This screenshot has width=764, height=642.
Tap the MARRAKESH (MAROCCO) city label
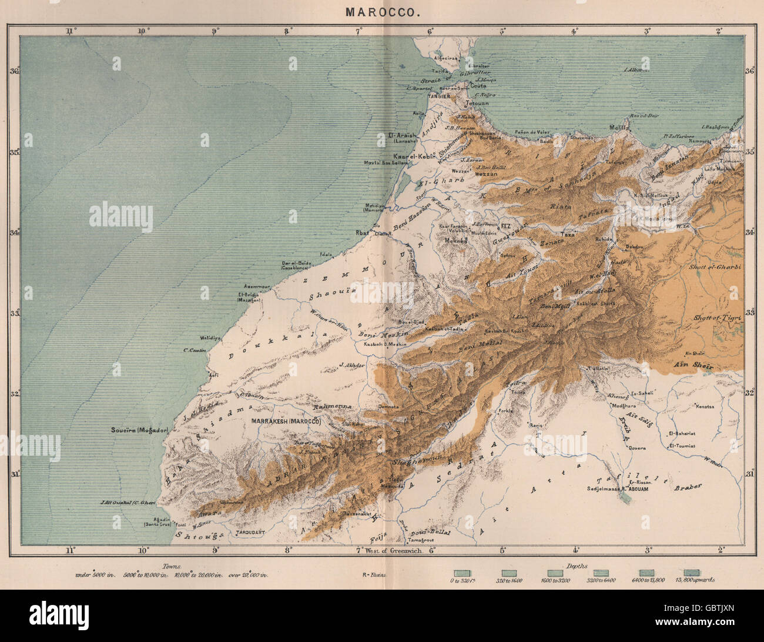point(286,422)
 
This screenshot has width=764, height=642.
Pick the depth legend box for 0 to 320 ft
point(461,572)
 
